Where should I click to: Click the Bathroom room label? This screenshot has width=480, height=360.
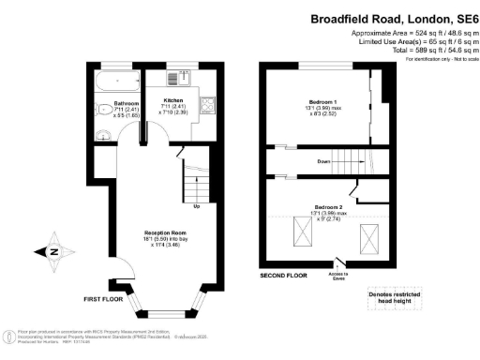(126, 103)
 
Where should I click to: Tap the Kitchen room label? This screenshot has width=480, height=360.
(172, 99)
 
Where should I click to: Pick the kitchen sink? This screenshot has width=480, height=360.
(174, 79)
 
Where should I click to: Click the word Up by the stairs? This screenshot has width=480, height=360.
(196, 206)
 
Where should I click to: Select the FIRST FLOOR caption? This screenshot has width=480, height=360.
(102, 299)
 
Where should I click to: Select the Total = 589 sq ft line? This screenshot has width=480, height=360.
(419, 50)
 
